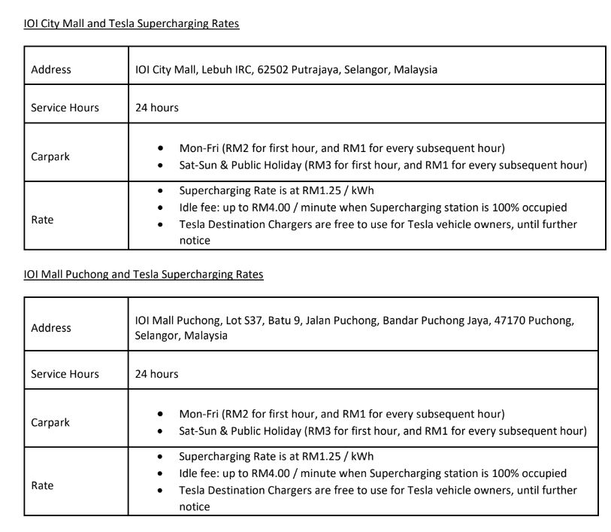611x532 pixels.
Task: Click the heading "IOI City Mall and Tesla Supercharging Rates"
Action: (x=132, y=24)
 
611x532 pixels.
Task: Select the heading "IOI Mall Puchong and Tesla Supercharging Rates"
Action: (x=144, y=275)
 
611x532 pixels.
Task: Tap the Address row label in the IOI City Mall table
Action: (x=51, y=70)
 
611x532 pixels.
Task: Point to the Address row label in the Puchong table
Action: (x=51, y=328)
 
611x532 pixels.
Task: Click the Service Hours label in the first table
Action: (x=65, y=108)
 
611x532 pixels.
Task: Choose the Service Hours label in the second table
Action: (x=65, y=374)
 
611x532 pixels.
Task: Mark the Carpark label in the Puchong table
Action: (x=50, y=423)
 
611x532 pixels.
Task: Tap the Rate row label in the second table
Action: (x=43, y=486)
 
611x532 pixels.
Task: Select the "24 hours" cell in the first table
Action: (x=157, y=108)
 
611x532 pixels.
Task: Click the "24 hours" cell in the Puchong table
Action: (x=157, y=374)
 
